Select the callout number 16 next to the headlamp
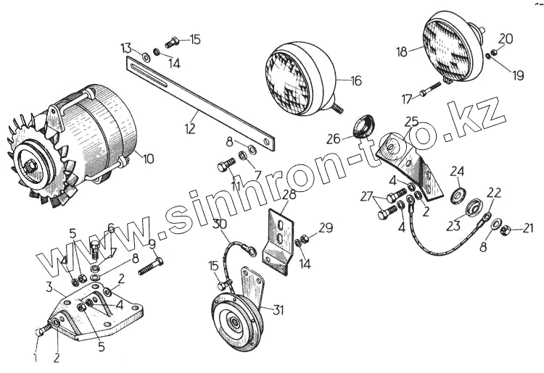(x=355, y=80)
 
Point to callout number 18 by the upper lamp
(x=402, y=52)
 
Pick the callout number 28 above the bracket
(x=289, y=195)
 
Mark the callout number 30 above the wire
(x=220, y=225)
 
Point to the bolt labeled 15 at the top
(x=172, y=41)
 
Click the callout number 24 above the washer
(x=456, y=172)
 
